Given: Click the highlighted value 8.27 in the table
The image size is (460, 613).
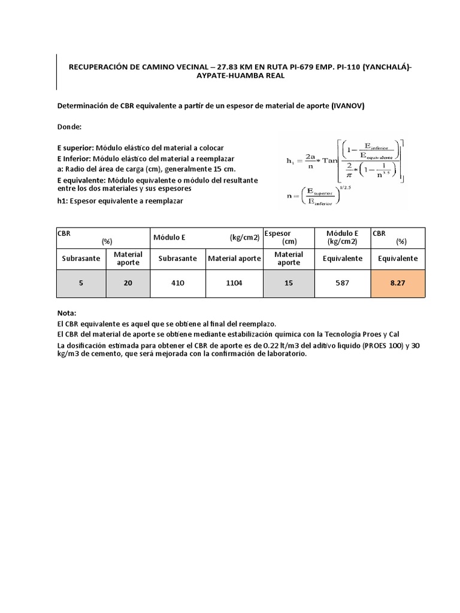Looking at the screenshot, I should point(398,283).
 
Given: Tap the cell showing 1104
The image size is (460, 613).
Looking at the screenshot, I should point(234,283).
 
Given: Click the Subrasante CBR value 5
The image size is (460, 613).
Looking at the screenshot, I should point(81,283).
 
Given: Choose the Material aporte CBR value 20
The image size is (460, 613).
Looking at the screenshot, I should point(128,283).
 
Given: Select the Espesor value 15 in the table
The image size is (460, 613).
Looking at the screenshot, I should point(289,283).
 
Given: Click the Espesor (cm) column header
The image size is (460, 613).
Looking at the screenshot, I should point(289,237).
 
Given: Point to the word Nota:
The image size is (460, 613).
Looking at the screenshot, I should point(67,313).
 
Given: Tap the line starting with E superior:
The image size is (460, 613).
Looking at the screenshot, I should point(140,148).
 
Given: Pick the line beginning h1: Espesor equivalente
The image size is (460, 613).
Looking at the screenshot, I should point(120,201).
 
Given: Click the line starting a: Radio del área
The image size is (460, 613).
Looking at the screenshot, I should point(146,169).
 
